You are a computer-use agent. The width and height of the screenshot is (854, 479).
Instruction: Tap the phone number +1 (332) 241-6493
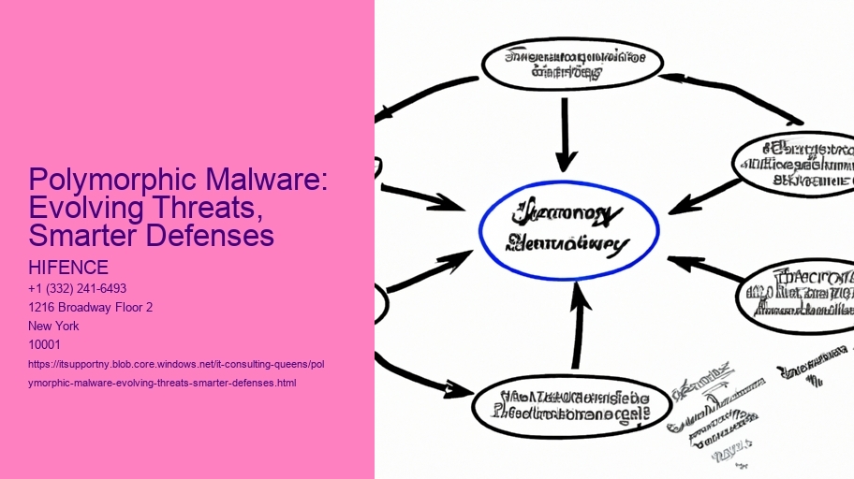click(x=78, y=288)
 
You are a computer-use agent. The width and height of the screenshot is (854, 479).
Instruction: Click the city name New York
click(x=54, y=326)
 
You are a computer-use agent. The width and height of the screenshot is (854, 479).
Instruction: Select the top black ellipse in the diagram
click(x=571, y=63)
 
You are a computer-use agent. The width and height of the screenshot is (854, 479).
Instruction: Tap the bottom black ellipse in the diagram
click(x=570, y=403)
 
